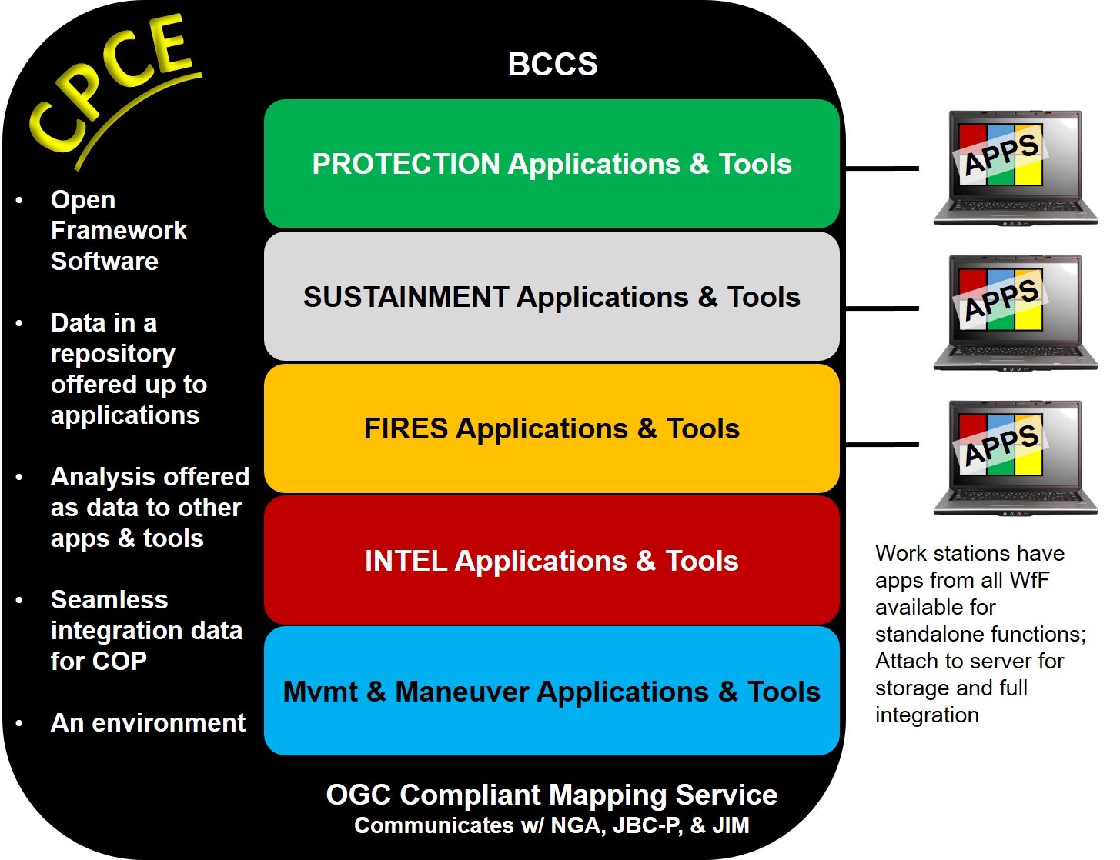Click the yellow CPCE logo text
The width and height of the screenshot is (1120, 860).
[x=112, y=85]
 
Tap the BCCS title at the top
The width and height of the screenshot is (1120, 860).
[x=553, y=65]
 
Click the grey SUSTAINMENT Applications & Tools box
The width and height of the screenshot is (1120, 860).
[x=551, y=331]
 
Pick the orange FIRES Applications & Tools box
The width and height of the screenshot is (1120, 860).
[x=551, y=462]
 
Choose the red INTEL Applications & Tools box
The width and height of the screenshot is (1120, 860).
[x=551, y=596]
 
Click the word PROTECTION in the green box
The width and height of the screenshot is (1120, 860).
[x=406, y=164]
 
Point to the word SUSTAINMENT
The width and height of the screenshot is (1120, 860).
[x=406, y=297]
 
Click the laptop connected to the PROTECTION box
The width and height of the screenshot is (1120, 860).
[x=1015, y=168]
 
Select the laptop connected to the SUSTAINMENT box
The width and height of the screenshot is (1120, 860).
[x=1015, y=312]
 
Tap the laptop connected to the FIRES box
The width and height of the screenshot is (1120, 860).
[x=1015, y=457]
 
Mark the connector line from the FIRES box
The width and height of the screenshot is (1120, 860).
[x=881, y=445]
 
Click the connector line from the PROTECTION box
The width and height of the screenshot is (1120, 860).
[x=881, y=168]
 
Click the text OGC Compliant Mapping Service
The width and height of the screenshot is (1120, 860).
[x=551, y=795]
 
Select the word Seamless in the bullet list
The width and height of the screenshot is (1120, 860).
[x=109, y=599]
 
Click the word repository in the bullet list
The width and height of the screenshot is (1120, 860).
[x=113, y=354]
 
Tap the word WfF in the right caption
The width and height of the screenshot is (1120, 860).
[x=1028, y=580]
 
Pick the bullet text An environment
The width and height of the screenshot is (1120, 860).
[x=148, y=723]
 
